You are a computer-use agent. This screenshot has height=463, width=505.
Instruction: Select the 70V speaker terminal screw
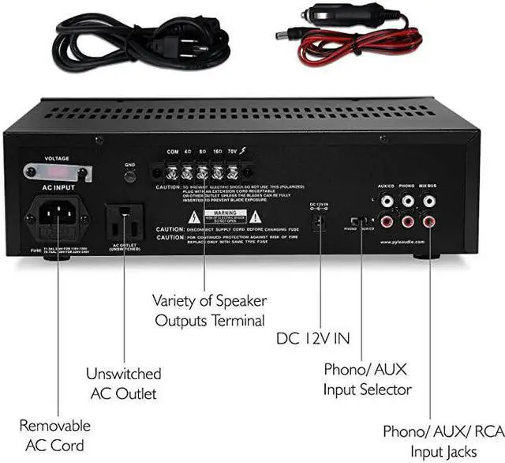pos(232,171)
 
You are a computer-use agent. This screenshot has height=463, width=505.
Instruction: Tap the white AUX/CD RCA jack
pos(387,201)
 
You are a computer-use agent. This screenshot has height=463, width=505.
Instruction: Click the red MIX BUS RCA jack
pos(428,222)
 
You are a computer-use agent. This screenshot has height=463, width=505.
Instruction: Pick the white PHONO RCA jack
pos(407,201)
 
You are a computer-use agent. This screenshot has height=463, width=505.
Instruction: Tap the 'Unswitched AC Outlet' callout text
pos(123,383)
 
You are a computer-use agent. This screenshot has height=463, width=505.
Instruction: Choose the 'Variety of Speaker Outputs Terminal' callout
pos(209,311)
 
